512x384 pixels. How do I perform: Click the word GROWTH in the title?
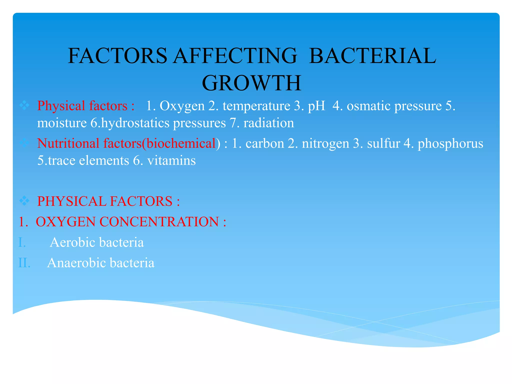[x=251, y=83]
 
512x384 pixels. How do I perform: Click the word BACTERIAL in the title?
[x=372, y=56]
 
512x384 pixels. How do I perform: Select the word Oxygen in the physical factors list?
[x=182, y=106]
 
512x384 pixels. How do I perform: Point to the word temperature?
[x=256, y=106]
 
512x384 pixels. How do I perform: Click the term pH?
[x=316, y=106]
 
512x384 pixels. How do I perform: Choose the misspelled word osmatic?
[x=369, y=106]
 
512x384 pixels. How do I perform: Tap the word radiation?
[x=269, y=123]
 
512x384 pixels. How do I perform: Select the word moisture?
[x=62, y=123]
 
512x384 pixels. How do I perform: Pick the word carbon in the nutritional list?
[x=265, y=143]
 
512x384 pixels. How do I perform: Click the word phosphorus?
[x=450, y=143]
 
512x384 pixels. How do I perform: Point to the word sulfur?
[x=383, y=143]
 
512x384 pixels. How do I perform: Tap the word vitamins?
[x=171, y=160]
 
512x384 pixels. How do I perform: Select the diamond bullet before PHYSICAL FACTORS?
[x=24, y=201]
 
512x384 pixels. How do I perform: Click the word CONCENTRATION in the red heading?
[x=159, y=222]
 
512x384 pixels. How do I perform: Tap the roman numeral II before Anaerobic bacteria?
[x=24, y=263]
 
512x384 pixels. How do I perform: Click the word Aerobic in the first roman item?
[x=73, y=242]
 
